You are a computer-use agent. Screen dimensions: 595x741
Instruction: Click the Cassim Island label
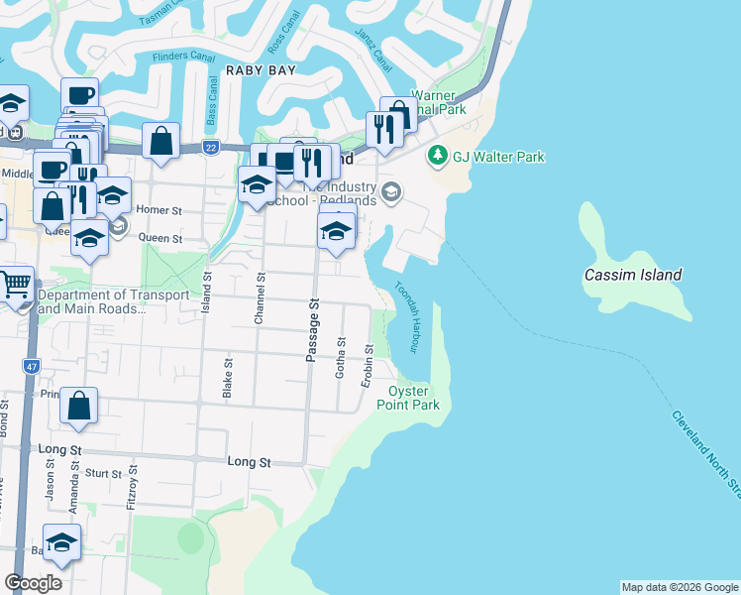[x=632, y=275]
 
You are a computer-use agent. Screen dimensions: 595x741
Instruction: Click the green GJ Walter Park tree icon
[x=437, y=157]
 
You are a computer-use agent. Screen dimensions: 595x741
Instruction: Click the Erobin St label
[x=368, y=361]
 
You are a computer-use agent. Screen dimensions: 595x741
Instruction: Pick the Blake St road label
[x=227, y=379]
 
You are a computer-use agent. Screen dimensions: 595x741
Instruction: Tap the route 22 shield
[x=211, y=147]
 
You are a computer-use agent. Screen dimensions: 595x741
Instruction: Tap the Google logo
[x=34, y=582]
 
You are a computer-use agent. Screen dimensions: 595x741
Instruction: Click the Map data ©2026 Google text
[x=680, y=587]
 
